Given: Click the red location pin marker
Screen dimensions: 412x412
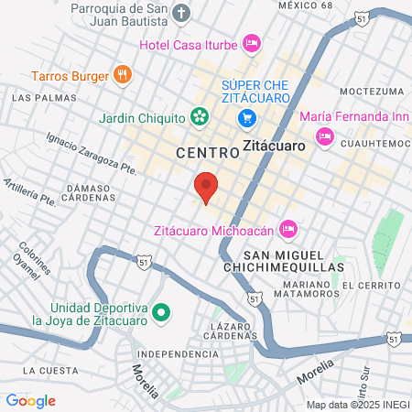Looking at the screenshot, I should click(x=206, y=187).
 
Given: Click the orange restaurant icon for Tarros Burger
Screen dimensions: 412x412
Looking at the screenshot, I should click(x=123, y=74).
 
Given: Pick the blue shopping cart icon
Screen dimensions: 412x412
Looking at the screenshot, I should click(x=245, y=117).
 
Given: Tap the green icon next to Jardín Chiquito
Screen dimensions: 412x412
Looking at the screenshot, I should click(x=199, y=116).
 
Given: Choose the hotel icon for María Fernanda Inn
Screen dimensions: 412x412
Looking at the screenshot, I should click(x=324, y=136).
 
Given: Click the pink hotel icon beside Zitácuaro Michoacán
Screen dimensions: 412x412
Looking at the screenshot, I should click(x=287, y=227).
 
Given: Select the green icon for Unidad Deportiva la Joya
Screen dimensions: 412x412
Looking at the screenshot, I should click(x=161, y=313).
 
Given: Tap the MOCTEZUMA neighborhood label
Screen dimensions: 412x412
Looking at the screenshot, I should click(x=371, y=92).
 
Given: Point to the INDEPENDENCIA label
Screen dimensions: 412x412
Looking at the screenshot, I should click(x=178, y=353).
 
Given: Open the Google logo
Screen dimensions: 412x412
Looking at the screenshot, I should click(x=30, y=400).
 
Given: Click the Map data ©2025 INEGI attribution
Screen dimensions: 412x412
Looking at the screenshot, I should click(x=358, y=404).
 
